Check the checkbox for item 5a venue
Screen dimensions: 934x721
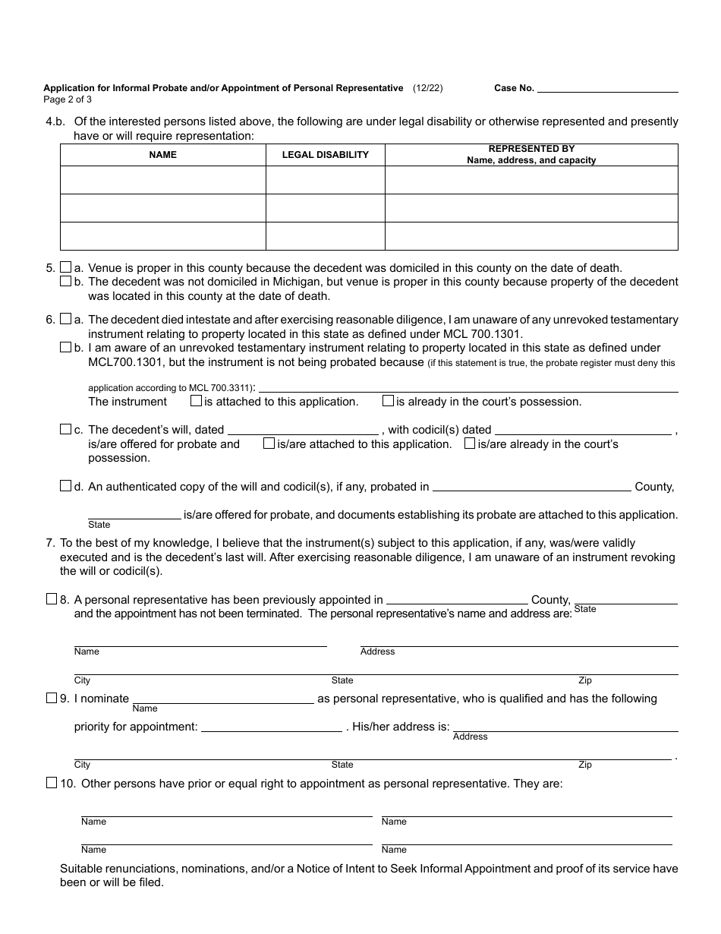[65, 267]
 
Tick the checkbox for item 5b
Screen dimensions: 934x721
[65, 281]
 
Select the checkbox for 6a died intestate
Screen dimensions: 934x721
[65, 319]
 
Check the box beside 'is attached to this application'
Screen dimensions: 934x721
[196, 400]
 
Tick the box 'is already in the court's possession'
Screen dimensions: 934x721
[388, 400]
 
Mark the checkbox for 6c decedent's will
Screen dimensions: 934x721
[65, 429]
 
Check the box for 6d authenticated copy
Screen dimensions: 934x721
[65, 486]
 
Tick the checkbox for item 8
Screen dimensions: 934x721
[52, 599]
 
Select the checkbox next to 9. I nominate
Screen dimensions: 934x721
[52, 698]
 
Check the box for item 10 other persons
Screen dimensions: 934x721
[52, 783]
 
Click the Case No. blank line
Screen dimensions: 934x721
[607, 88]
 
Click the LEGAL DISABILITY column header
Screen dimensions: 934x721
[326, 155]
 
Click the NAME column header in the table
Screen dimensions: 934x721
[163, 155]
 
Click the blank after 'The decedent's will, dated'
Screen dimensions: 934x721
[303, 430]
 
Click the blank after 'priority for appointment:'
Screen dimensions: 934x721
[272, 727]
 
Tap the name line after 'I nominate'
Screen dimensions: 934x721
[224, 699]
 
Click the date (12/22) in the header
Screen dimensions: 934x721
[428, 88]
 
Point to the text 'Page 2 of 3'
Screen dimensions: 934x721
[68, 99]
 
